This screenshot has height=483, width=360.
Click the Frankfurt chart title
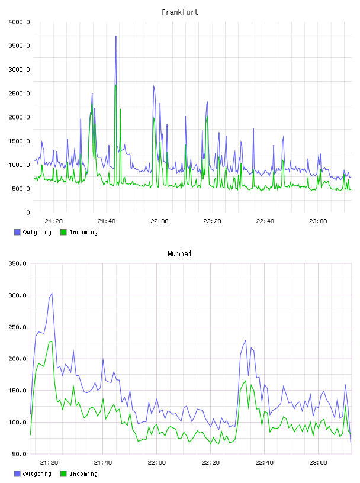point(180,12)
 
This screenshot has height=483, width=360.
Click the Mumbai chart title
point(179,254)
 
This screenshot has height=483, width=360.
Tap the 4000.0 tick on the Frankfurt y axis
point(20,22)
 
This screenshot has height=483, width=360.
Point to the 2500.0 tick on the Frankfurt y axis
point(20,94)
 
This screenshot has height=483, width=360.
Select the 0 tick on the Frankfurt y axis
point(28,212)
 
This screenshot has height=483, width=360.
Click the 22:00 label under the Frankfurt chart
point(159,221)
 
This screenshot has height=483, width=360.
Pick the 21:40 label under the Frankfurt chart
point(107,221)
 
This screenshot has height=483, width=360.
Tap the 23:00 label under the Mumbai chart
point(318,463)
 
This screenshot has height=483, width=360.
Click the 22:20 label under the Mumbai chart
point(211,463)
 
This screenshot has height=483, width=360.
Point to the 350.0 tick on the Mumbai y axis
point(18,263)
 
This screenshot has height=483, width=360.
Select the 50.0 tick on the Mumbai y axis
point(20,454)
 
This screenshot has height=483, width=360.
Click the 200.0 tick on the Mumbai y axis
point(18,359)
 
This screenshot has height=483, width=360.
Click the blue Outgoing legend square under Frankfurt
point(17,232)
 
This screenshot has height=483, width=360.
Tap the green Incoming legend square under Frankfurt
point(63,232)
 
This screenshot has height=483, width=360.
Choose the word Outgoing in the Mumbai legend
point(37,474)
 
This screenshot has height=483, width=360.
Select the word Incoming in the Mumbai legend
point(83,474)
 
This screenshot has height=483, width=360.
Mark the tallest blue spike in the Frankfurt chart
point(116,36)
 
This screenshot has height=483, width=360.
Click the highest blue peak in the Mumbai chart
point(52,293)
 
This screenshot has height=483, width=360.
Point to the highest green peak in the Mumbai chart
point(52,342)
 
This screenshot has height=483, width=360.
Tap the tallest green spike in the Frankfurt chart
point(115,85)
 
